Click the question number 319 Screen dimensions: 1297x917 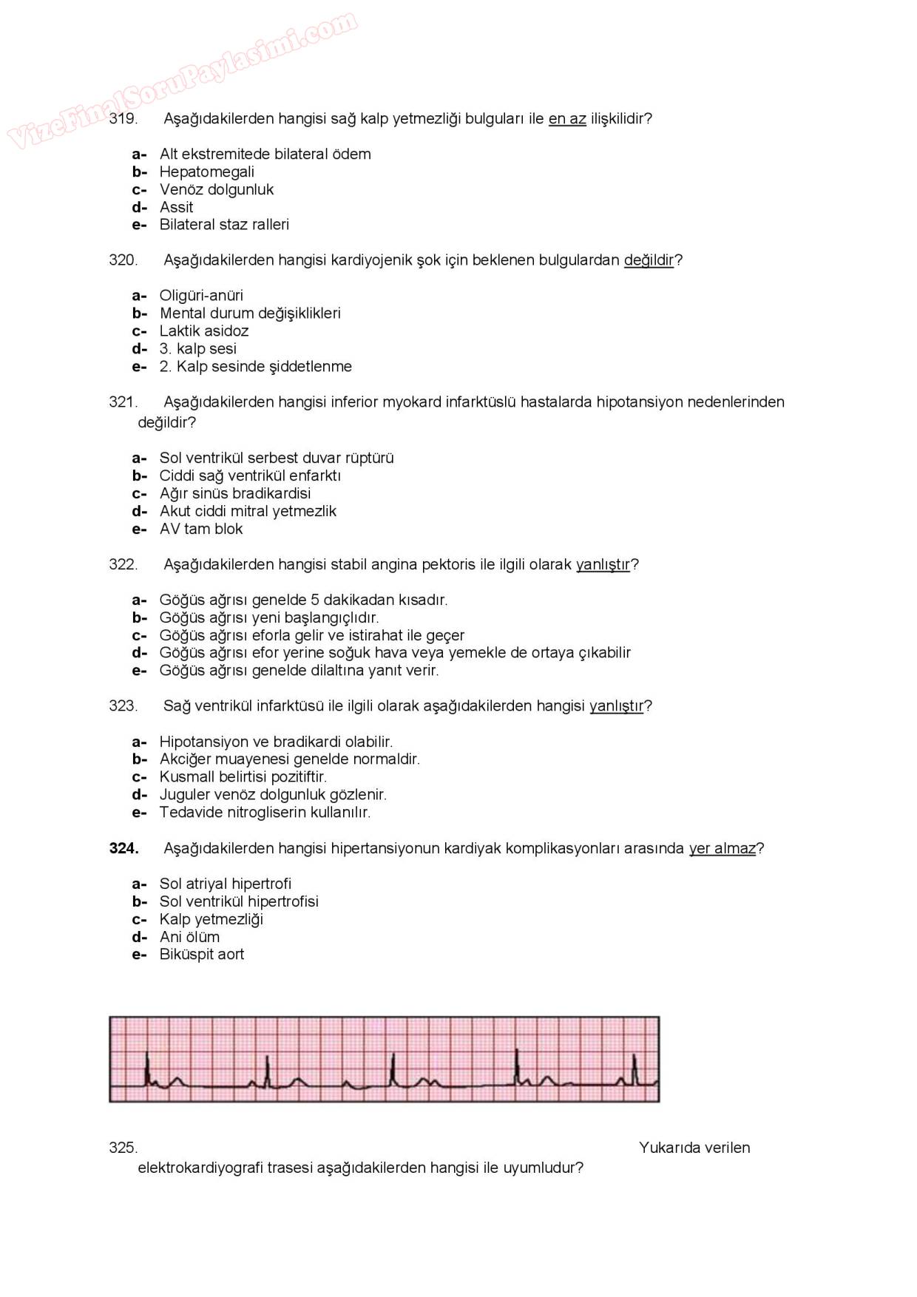[123, 118]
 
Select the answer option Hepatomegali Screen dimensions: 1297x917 [206, 172]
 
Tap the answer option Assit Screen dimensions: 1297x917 [176, 207]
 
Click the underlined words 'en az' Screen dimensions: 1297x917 [566, 118]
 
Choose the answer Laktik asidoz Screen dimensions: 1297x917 [203, 331]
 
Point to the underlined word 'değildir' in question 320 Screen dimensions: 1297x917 [649, 260]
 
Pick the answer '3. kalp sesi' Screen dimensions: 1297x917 [197, 348]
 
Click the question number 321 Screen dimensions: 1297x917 [123, 402]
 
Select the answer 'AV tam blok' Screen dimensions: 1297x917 [200, 529]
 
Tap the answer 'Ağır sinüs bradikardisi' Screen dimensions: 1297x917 [234, 493]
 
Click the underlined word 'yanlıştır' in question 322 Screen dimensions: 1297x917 [603, 564]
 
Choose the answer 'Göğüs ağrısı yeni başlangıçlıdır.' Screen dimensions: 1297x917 [268, 617]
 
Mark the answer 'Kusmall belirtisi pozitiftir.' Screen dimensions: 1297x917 [243, 776]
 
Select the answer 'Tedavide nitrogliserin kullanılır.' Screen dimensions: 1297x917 [265, 812]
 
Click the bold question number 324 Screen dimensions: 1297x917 [123, 848]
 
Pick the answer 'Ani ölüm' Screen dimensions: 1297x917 [189, 937]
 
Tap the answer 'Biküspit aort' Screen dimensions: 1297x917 [201, 954]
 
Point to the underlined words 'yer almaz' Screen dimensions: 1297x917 [722, 848]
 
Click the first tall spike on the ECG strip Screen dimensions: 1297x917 [147, 1066]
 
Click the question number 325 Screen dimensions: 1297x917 [123, 1148]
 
